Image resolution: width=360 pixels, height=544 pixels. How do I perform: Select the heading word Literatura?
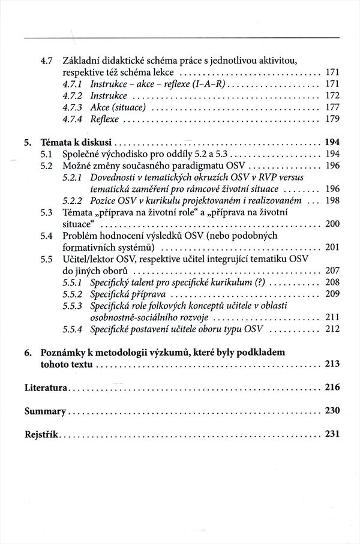pyautogui.click(x=46, y=387)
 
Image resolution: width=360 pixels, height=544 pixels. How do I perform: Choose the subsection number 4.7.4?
pyautogui.click(x=73, y=119)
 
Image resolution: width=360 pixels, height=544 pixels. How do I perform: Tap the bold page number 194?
pyautogui.click(x=332, y=143)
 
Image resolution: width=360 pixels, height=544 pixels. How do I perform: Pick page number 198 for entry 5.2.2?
pyautogui.click(x=332, y=200)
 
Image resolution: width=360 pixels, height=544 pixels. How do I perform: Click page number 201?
pyautogui.click(x=332, y=247)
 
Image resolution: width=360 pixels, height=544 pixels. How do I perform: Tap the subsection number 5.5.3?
pyautogui.click(x=73, y=306)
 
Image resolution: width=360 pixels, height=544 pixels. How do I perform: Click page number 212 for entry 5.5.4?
pyautogui.click(x=332, y=329)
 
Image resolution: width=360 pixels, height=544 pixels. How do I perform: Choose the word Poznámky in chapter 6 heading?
pyautogui.click(x=62, y=352)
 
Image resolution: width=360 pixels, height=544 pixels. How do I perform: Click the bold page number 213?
pyautogui.click(x=332, y=364)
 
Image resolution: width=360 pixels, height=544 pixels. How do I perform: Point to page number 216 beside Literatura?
pyautogui.click(x=332, y=387)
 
